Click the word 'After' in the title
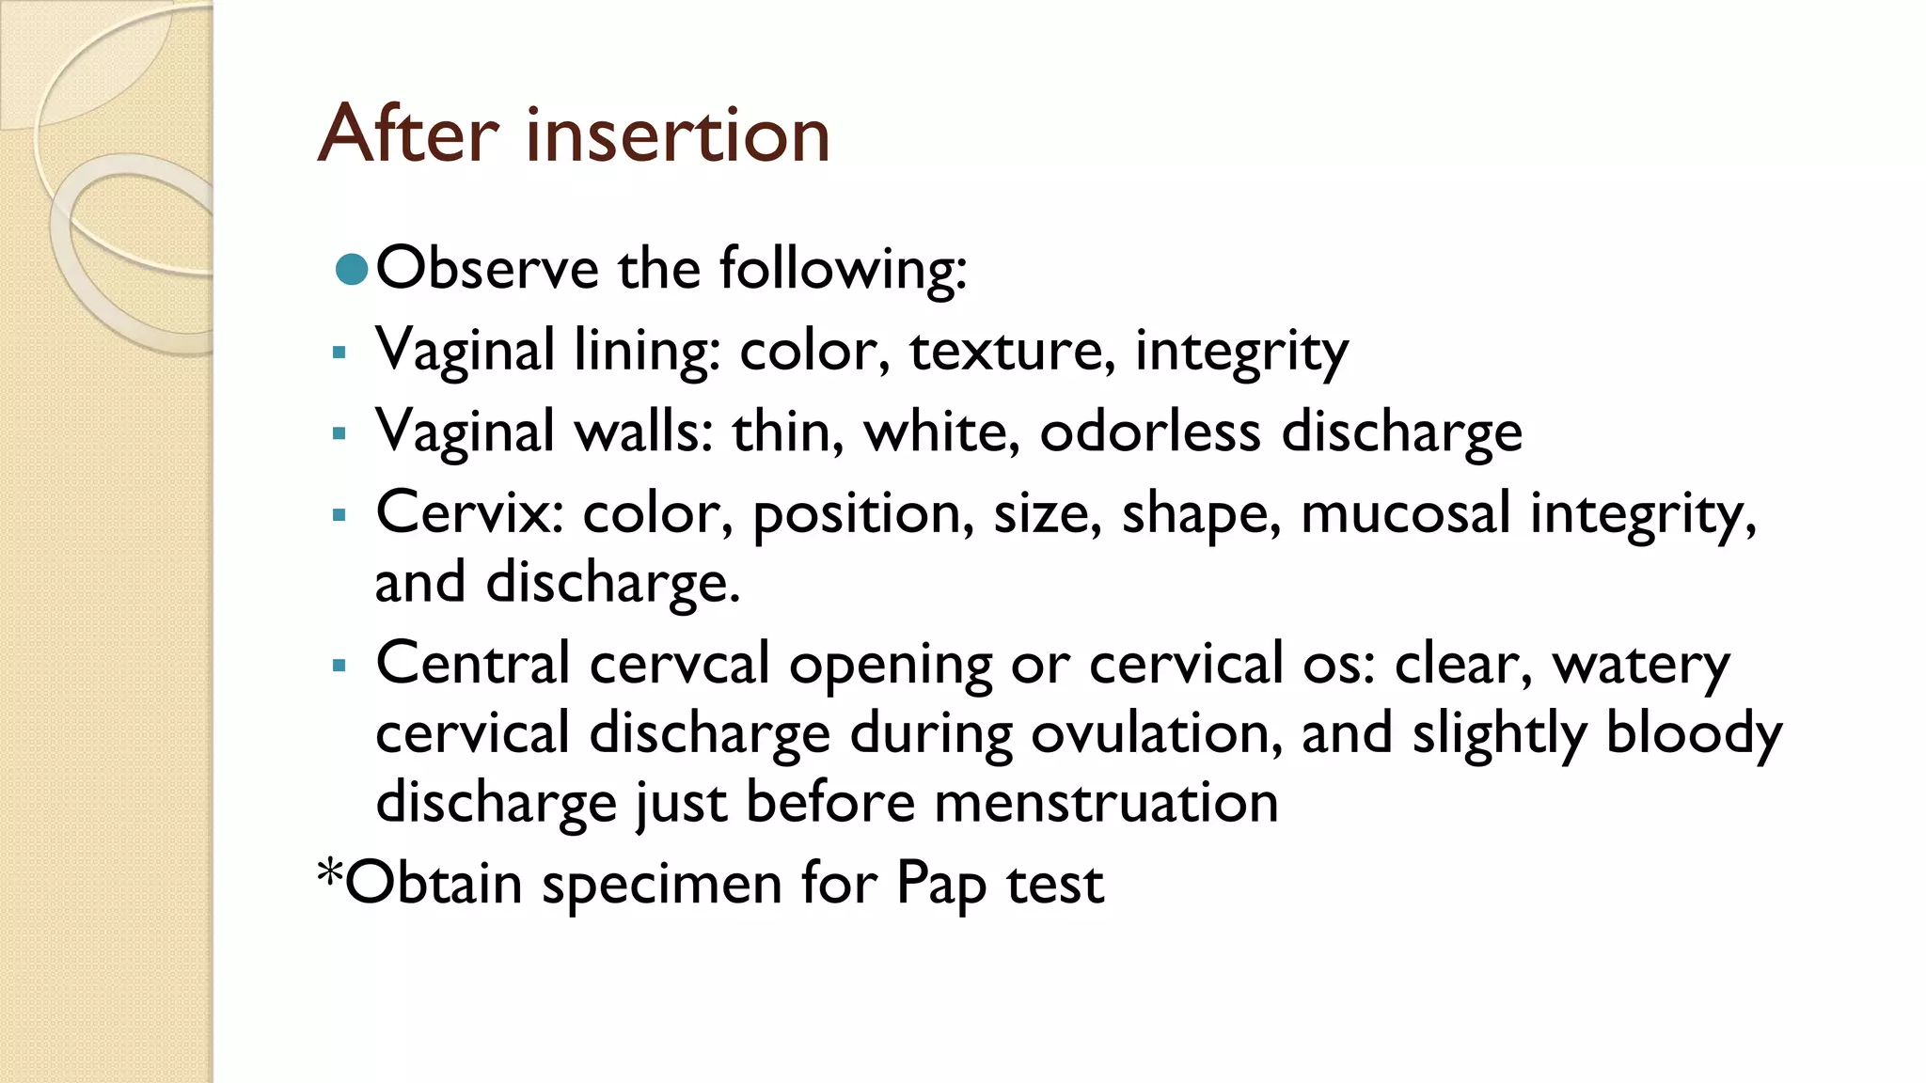(408, 134)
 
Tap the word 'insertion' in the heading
(677, 134)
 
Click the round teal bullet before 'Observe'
(351, 270)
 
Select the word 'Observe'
(486, 269)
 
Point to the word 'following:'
(843, 271)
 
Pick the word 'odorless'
(1149, 432)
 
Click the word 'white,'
(941, 432)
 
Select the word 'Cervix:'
(469, 513)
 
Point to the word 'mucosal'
(1405, 513)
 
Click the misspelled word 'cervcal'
(680, 665)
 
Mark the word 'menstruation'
(1106, 803)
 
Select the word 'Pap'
(941, 886)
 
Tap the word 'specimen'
(662, 886)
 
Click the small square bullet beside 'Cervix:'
(339, 515)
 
